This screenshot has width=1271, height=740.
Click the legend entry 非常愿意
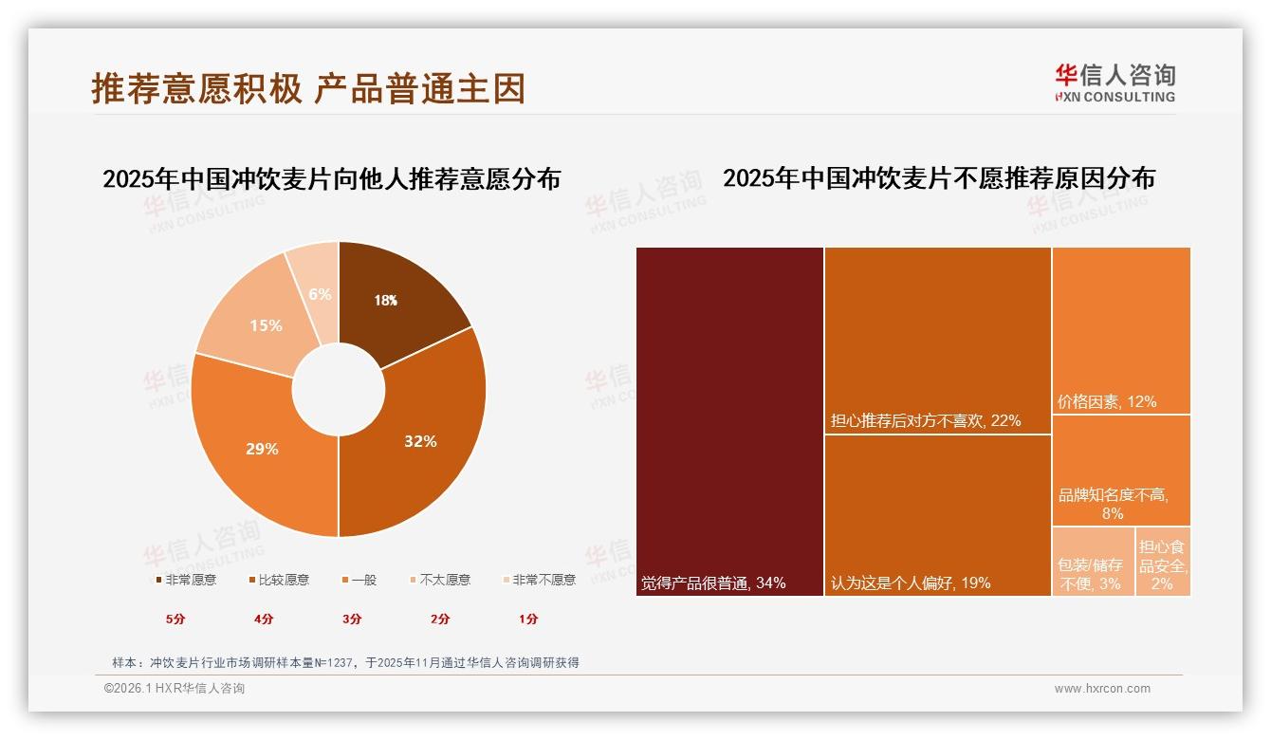(x=184, y=580)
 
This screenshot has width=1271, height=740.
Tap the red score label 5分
(x=175, y=619)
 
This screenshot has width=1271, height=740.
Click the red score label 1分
(x=528, y=619)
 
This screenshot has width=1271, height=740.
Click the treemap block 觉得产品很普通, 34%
(x=729, y=421)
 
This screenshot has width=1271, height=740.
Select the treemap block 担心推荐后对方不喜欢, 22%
(x=937, y=340)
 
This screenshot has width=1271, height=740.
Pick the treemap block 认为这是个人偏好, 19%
(x=937, y=515)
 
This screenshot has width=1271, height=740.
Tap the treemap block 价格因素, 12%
(x=1121, y=330)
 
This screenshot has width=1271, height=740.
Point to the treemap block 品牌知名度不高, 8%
(x=1121, y=471)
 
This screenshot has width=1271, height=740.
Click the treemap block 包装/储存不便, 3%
(x=1093, y=562)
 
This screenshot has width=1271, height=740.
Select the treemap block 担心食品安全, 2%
(x=1163, y=562)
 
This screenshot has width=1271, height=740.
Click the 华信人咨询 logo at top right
(x=1114, y=83)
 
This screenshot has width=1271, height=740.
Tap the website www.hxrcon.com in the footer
(x=1102, y=689)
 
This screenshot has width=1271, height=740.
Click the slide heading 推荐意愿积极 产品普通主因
(x=308, y=88)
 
